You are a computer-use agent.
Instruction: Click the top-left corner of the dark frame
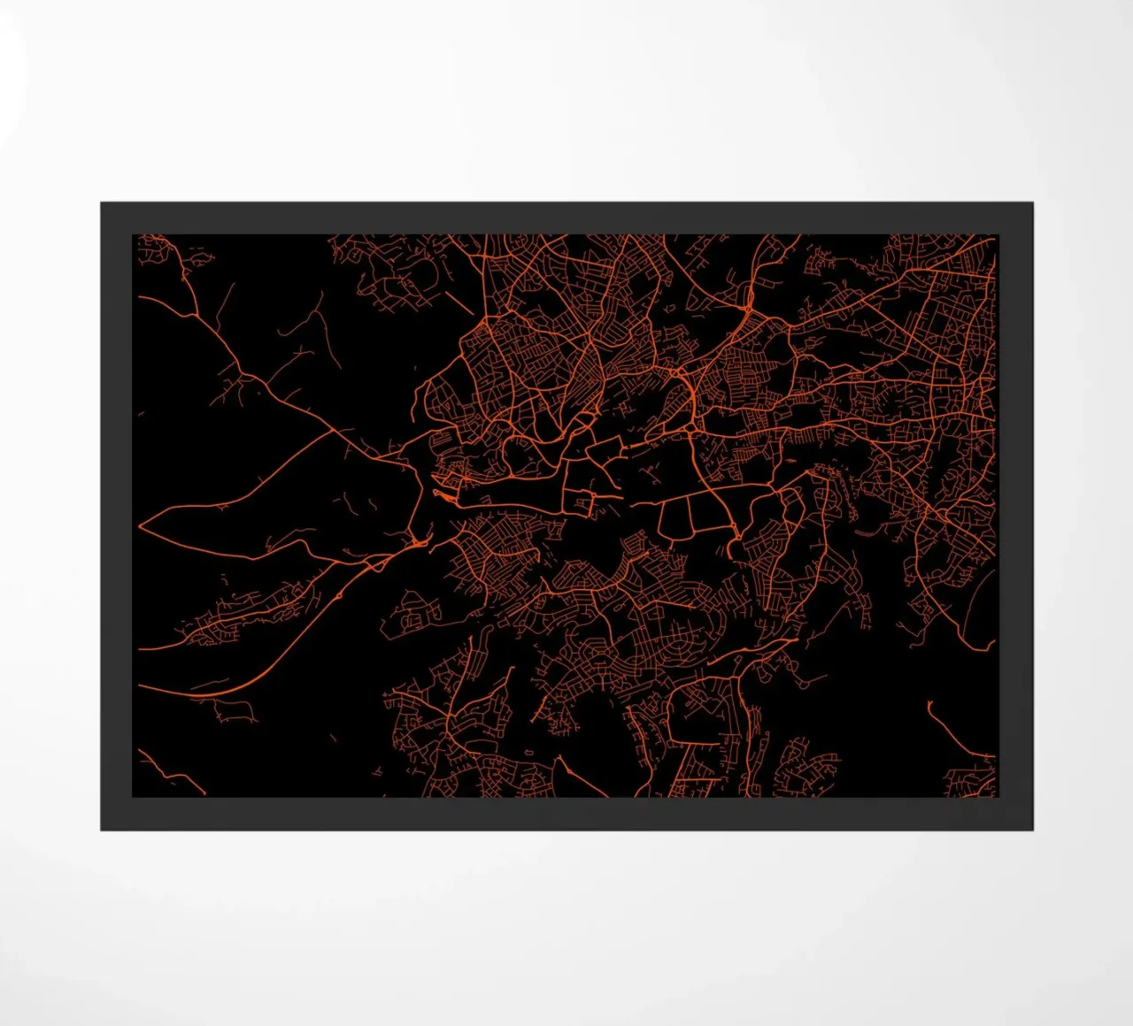[x=101, y=203]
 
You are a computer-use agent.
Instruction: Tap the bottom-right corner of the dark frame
[x=1032, y=830]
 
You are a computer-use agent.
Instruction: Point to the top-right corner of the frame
[x=1032, y=203]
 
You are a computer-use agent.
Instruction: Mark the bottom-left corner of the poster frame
[x=101, y=830]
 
